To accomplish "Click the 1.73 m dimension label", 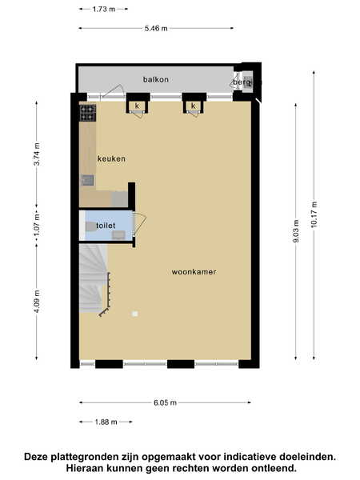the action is click(104, 9).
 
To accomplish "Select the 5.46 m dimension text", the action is click(156, 29).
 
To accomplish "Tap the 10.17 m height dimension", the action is click(314, 214).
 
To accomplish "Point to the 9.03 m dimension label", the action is click(296, 231).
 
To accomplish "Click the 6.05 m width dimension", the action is click(166, 402).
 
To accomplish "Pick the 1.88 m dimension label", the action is click(106, 422).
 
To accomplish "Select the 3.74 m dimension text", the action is click(37, 154).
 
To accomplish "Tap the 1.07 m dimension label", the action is click(37, 225).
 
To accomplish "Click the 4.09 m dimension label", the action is click(37, 302).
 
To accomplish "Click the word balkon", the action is click(156, 79).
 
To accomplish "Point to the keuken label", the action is click(111, 159).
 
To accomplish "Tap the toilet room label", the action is click(106, 226).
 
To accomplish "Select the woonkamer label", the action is click(194, 272).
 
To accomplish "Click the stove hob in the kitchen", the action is click(88, 113).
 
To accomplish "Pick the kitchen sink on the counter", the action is click(87, 180).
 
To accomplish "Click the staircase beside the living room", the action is click(94, 278).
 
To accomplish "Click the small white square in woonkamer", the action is click(134, 314).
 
